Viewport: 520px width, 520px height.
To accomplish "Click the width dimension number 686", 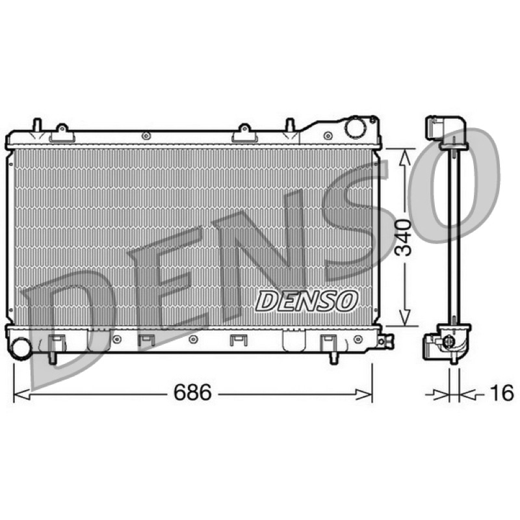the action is click(192, 393).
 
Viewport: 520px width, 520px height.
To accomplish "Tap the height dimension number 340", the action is click(403, 237).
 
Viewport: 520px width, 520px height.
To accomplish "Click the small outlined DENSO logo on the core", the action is click(306, 301).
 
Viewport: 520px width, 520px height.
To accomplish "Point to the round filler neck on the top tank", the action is click(355, 127).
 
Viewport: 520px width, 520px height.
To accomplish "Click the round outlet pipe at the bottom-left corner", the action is click(21, 348).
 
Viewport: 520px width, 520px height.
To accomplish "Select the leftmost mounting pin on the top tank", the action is click(37, 124).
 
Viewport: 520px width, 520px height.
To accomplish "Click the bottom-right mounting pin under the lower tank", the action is click(334, 359).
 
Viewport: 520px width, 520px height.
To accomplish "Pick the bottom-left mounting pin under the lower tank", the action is click(53, 358).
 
